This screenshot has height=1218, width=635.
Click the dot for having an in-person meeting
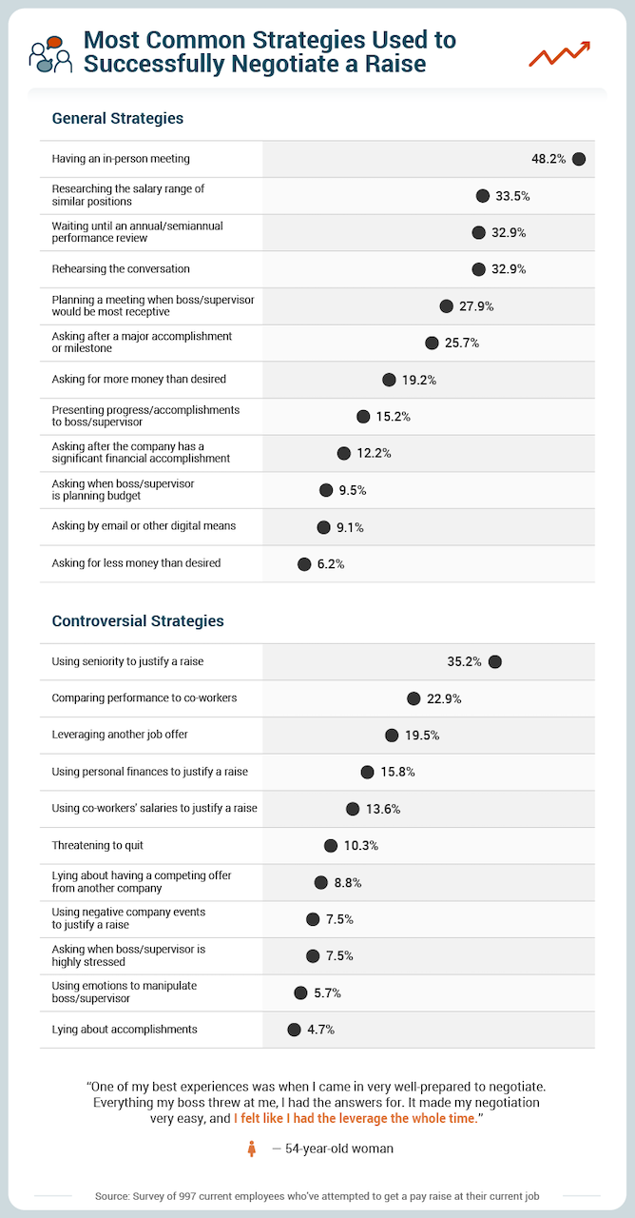tap(579, 159)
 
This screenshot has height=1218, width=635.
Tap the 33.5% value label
tap(512, 196)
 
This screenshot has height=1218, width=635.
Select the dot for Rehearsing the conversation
tap(478, 269)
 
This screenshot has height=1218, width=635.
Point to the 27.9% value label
tap(476, 306)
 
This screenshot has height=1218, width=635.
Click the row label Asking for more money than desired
tap(139, 380)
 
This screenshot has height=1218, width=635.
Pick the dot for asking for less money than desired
tap(304, 564)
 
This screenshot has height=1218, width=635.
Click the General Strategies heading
tap(118, 119)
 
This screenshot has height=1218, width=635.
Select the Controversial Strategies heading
tap(138, 621)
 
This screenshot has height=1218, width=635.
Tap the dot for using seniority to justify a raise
tap(494, 661)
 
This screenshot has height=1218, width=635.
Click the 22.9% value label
tap(444, 698)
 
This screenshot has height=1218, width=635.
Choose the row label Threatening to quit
tap(98, 845)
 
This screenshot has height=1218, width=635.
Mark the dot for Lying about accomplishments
tap(294, 1029)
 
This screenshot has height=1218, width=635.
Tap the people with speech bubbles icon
tap(50, 53)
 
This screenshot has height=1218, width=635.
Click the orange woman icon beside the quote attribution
tap(252, 1149)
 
